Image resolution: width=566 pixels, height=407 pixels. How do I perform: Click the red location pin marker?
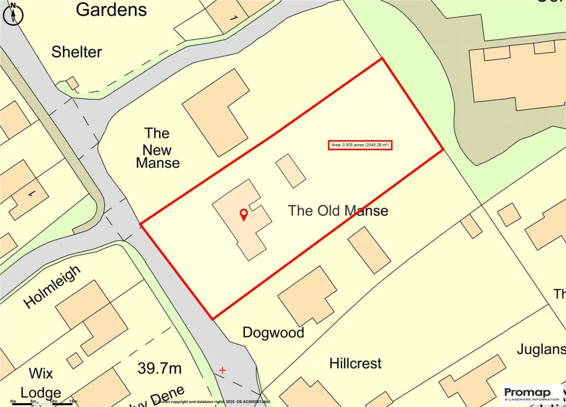tap(243, 215)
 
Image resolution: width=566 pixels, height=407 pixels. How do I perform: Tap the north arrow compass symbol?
tap(13, 13)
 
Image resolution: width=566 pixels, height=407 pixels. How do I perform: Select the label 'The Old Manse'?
tap(338, 211)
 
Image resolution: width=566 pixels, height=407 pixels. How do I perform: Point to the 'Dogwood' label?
tap(274, 332)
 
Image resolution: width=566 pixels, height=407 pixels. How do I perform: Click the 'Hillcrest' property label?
tap(355, 364)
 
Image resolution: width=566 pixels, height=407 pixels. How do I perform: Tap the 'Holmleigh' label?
tap(53, 286)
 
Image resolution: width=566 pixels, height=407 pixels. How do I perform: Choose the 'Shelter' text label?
tap(77, 52)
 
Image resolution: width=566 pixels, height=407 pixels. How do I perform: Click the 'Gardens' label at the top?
tap(112, 9)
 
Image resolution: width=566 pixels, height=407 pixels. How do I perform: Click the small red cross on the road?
tap(223, 369)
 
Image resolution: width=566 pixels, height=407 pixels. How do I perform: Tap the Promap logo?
tap(531, 394)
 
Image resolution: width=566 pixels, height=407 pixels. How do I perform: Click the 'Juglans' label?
tap(541, 349)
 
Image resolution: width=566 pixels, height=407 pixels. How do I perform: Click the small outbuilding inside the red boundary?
tap(291, 171)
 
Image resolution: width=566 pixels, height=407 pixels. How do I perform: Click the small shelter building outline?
tap(72, 83)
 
